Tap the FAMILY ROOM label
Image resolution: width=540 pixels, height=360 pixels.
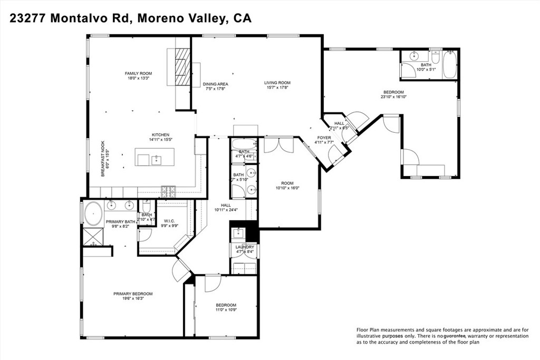point(138,73)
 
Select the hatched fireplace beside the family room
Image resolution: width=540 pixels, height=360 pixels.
point(182,66)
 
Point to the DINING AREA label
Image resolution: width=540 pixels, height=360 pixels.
point(215,84)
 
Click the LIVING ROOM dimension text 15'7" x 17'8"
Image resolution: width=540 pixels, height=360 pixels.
point(277,88)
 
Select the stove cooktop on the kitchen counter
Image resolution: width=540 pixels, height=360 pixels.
point(168,189)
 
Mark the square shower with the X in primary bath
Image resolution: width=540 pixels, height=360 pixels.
point(93,235)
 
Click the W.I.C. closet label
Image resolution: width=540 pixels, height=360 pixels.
point(169,221)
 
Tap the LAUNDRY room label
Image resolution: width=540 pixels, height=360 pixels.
point(245,247)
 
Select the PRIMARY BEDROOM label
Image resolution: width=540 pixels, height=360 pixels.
point(133,294)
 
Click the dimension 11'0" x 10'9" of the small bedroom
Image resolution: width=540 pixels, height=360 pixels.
point(226,310)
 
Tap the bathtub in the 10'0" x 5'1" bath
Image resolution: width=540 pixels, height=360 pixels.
point(449,65)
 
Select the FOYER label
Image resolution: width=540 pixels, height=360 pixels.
point(324,138)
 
